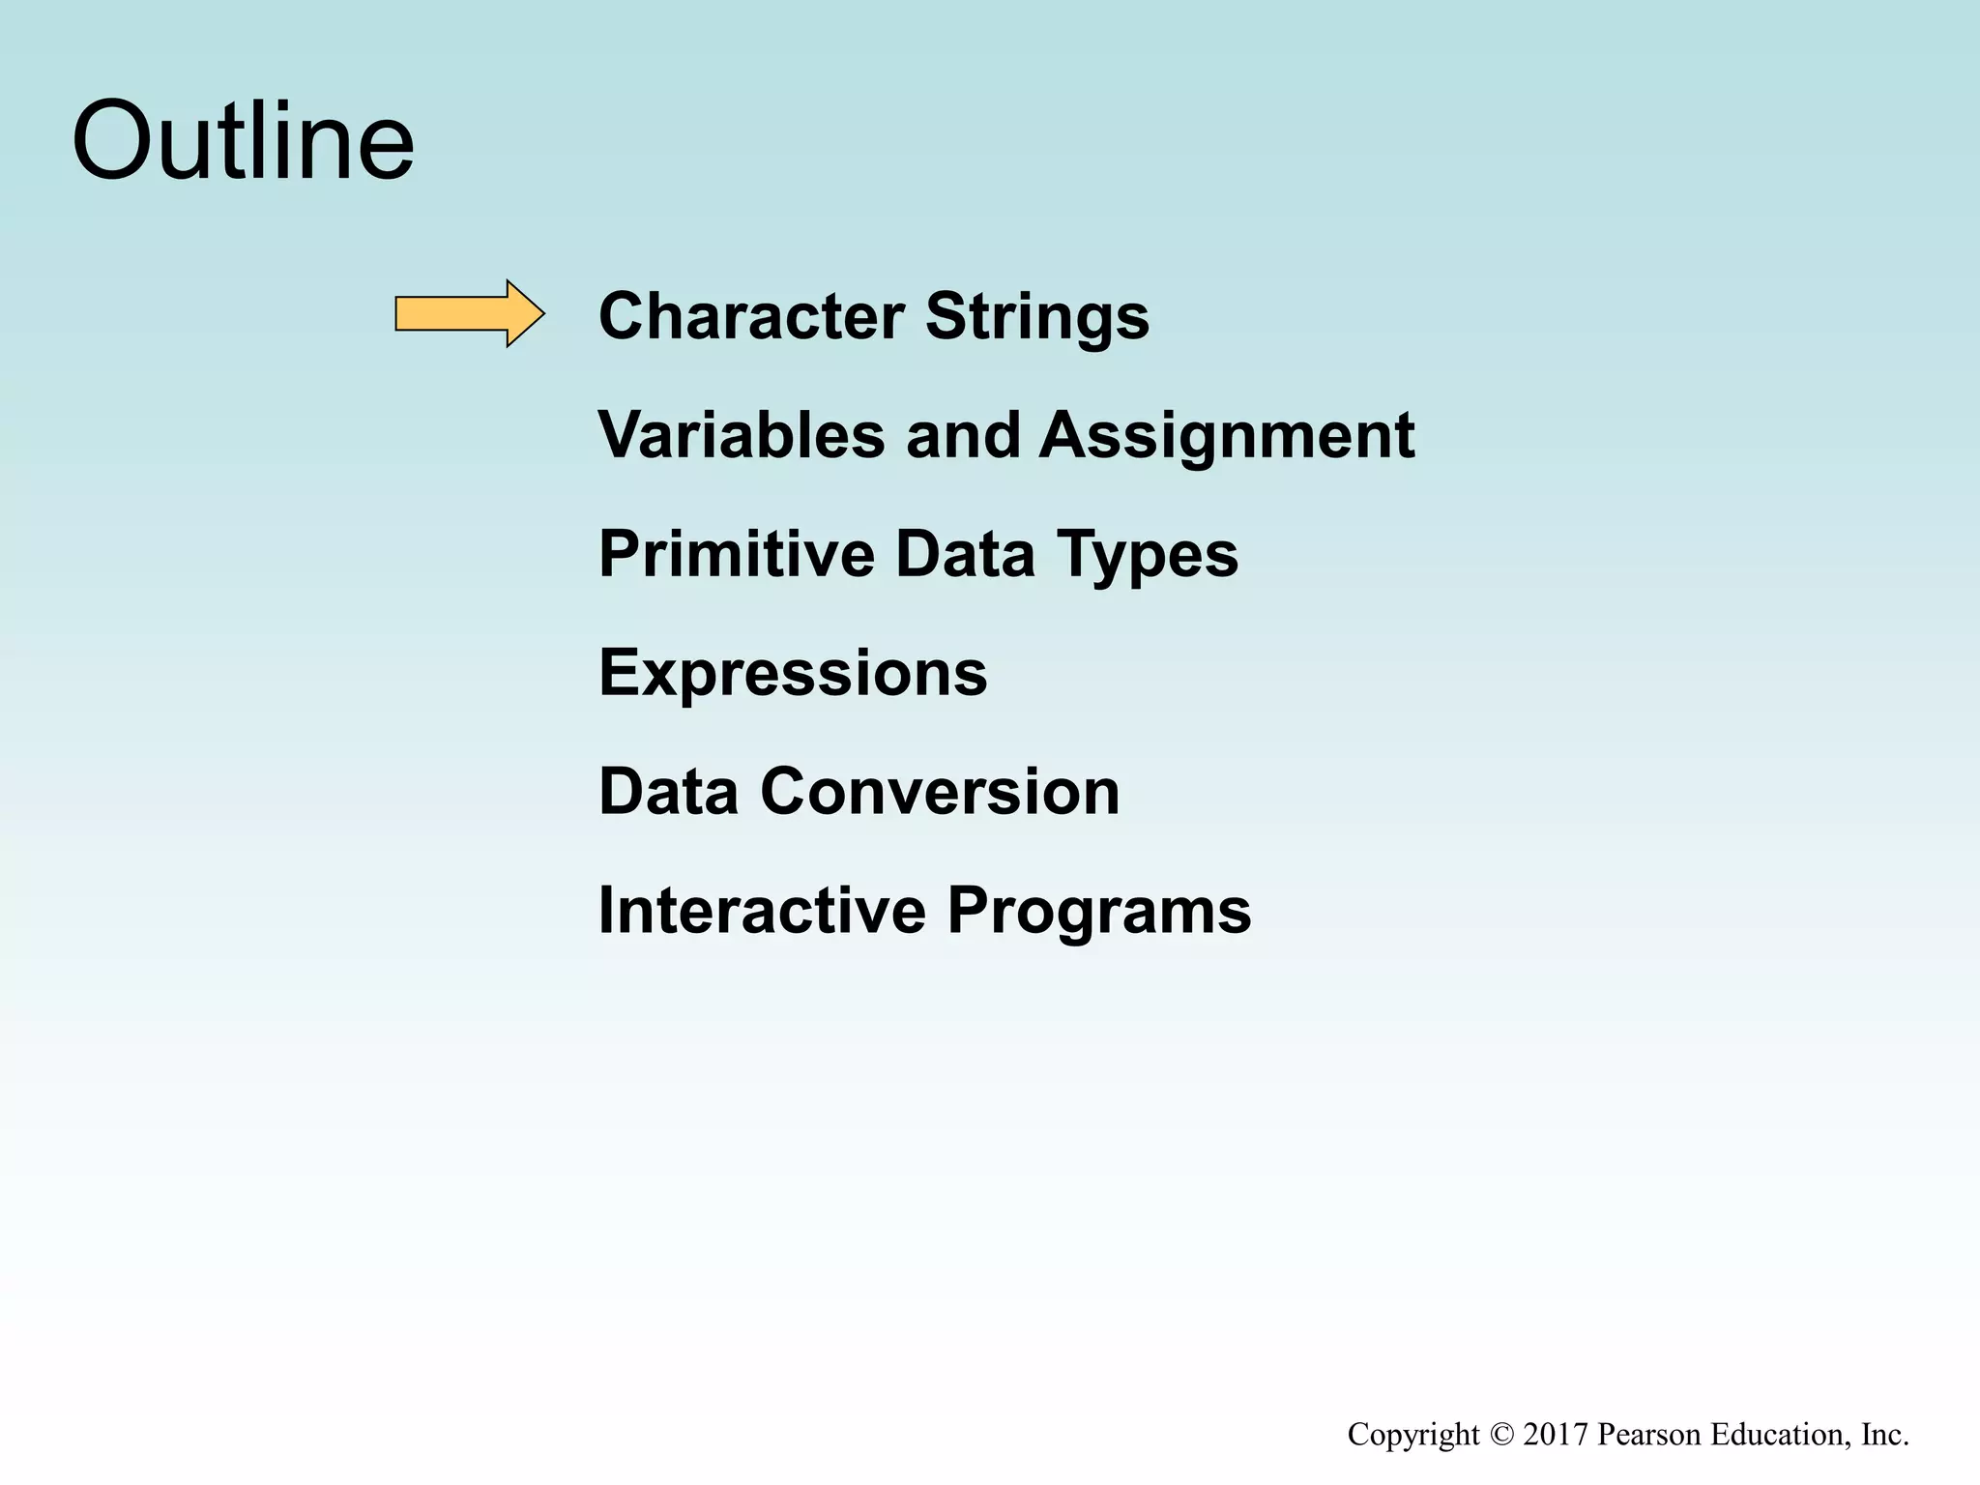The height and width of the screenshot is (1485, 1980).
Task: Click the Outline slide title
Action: pos(243,141)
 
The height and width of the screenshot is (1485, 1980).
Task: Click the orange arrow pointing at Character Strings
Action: pos(469,313)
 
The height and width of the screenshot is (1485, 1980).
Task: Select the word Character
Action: pos(751,316)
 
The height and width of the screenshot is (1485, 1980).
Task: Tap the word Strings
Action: pos(1037,318)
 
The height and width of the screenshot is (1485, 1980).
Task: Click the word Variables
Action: pos(742,435)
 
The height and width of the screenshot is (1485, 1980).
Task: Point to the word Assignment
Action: pos(1226,437)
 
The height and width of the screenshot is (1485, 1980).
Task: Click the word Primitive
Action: pos(736,554)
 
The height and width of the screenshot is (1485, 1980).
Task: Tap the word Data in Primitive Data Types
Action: pos(965,554)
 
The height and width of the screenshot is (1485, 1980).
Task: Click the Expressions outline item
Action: pos(793,673)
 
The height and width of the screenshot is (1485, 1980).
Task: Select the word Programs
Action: pos(1098,913)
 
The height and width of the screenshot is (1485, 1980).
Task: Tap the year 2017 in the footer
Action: pos(1556,1435)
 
